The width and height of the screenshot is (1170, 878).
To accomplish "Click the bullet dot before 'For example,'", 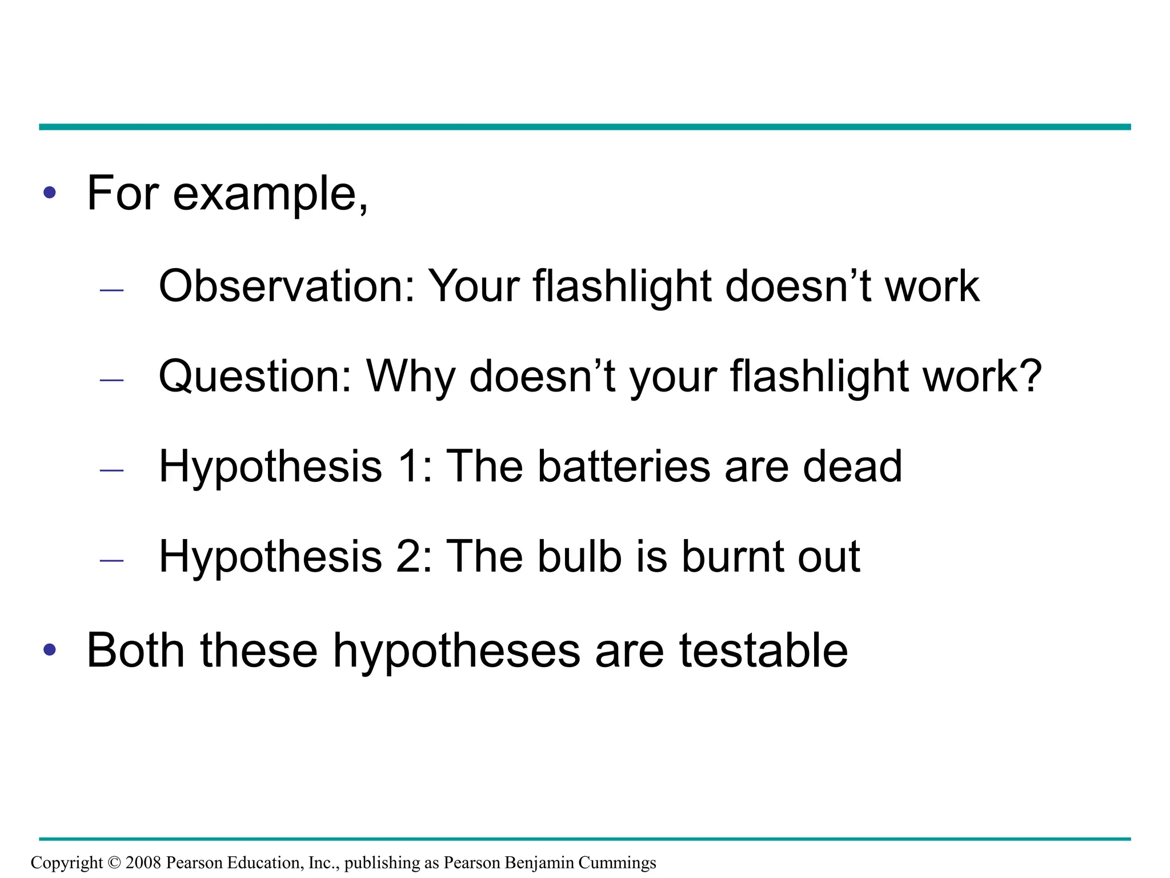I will pyautogui.click(x=50, y=193).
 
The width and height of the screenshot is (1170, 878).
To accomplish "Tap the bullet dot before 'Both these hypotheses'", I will pyautogui.click(x=50, y=649).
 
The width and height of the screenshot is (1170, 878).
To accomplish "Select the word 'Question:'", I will pyautogui.click(x=255, y=376).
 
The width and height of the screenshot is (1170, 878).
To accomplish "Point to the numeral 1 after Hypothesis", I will pyautogui.click(x=411, y=466).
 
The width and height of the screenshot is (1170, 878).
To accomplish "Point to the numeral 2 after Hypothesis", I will pyautogui.click(x=411, y=557).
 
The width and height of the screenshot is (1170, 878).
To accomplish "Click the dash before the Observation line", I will pyautogui.click(x=111, y=290).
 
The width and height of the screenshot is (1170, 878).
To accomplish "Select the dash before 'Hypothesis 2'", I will pyautogui.click(x=111, y=561).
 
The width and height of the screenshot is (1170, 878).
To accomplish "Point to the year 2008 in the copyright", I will pyautogui.click(x=143, y=863).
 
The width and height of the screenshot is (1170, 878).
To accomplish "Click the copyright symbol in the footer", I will pyautogui.click(x=114, y=863).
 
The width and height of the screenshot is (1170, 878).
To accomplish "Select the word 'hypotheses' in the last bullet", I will pyautogui.click(x=456, y=652).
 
